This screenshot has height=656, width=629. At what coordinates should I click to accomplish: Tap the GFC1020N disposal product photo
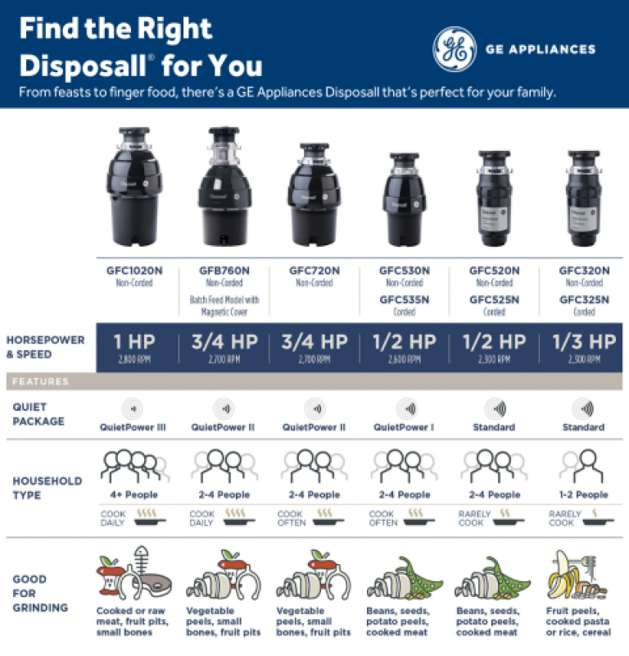point(135,191)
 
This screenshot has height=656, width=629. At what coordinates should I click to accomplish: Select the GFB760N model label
point(224,271)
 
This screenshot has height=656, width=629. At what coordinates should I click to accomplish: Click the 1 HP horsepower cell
point(135,342)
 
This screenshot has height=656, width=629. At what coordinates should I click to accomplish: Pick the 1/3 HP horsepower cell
point(584,342)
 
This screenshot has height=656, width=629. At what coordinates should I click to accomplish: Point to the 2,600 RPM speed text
point(405,359)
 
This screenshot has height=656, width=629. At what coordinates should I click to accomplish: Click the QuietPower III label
point(133,427)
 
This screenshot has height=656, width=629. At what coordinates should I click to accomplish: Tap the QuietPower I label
point(405,427)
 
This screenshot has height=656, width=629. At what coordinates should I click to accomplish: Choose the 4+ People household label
point(134,494)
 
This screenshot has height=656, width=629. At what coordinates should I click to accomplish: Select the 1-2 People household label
point(584,494)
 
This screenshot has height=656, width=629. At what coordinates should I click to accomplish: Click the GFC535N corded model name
point(405,299)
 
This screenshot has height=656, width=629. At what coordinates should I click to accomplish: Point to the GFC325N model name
point(584,299)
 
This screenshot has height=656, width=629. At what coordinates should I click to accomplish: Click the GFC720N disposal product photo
point(314,197)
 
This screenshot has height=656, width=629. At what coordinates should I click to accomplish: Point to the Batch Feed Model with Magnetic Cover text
point(224,305)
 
